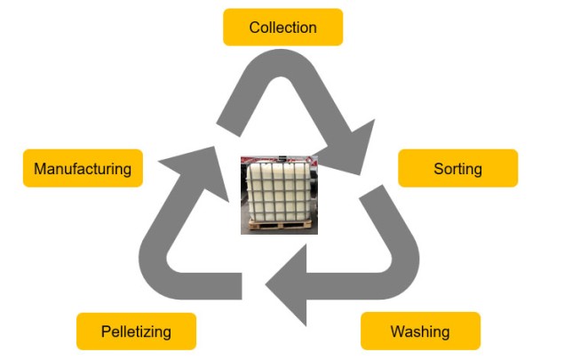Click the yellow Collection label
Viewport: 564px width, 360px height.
pos(282,28)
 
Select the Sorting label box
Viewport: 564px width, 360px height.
pos(457,169)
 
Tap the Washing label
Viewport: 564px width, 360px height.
pos(420,332)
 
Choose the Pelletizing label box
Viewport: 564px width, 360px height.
pos(136,332)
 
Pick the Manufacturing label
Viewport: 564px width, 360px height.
pos(83,169)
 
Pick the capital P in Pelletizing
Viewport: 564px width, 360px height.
pos(105,332)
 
